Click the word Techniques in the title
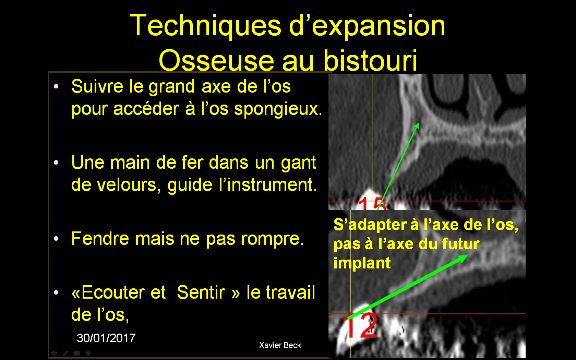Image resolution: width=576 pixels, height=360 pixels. point(205,25)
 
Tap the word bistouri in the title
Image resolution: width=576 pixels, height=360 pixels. point(370,60)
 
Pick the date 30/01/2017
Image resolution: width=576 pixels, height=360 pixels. point(106,338)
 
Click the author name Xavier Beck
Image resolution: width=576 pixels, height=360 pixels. point(280,345)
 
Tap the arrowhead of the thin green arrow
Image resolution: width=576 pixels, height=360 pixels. point(417,126)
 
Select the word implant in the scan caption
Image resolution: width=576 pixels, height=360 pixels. point(362,263)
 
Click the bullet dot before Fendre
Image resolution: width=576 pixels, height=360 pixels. point(56,238)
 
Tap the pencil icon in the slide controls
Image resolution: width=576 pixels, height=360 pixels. point(65,353)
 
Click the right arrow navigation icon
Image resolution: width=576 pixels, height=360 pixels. point(88,353)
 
